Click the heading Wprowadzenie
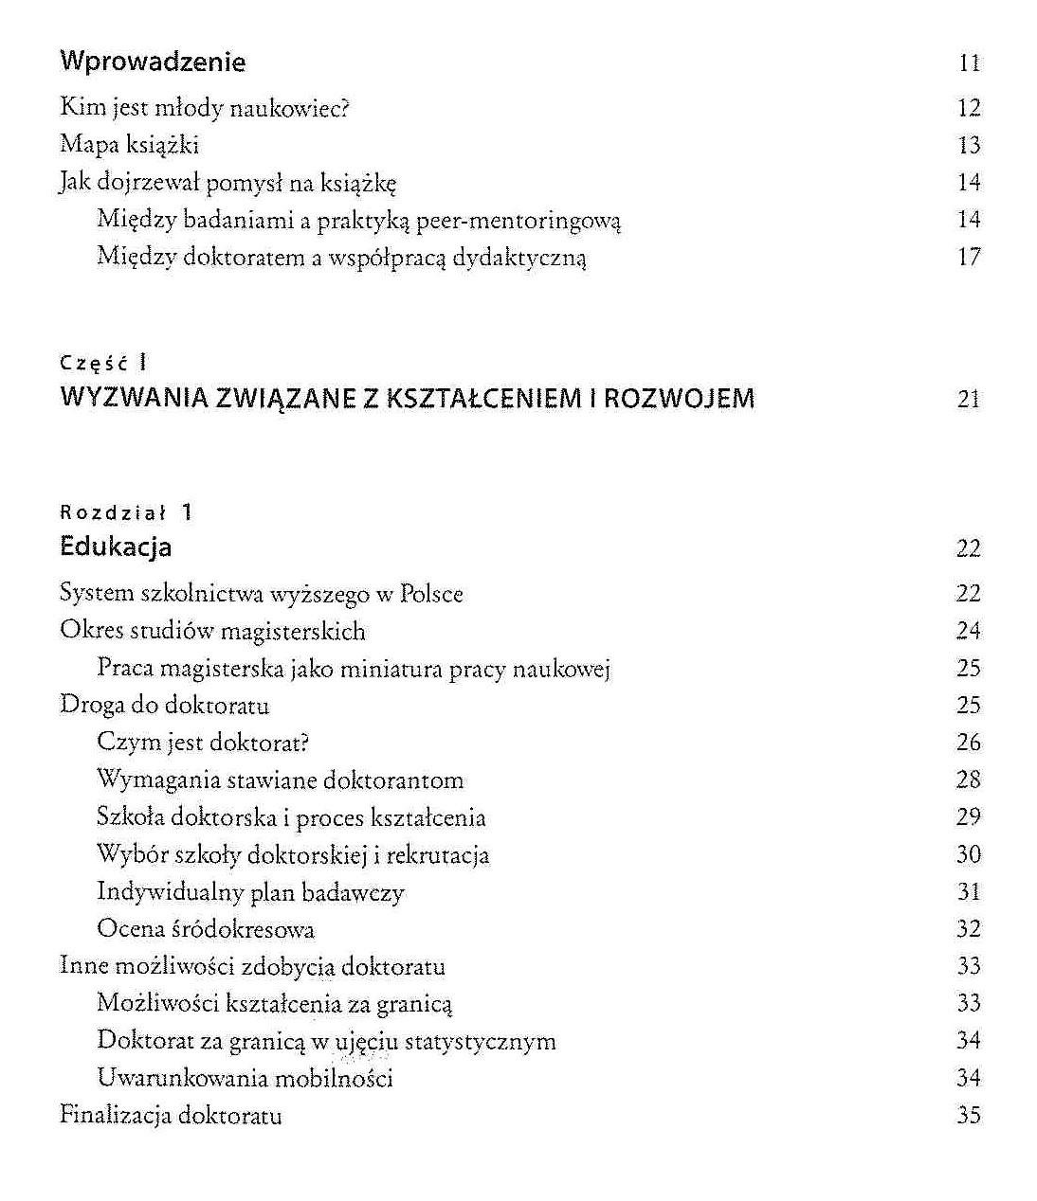(x=153, y=63)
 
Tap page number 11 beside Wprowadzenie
(x=968, y=63)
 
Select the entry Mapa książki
(x=129, y=145)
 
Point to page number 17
(x=968, y=257)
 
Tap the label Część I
(x=103, y=362)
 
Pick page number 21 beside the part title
(x=968, y=399)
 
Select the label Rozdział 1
(x=126, y=512)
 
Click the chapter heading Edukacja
(x=116, y=547)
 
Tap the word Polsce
(x=431, y=594)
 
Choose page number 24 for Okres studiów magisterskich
(x=968, y=631)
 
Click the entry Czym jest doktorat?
(x=203, y=743)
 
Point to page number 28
(x=968, y=780)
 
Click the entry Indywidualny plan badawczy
(x=250, y=892)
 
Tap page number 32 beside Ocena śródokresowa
(x=968, y=929)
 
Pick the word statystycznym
(x=481, y=1041)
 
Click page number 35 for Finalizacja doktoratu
(x=968, y=1115)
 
